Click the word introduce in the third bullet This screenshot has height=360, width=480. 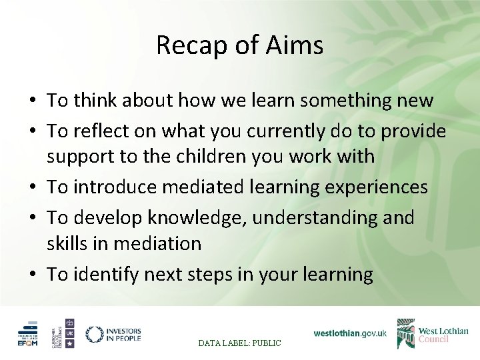109,187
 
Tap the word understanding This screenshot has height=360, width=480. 308,217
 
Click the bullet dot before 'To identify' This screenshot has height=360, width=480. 31,275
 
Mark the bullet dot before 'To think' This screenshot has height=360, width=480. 31,102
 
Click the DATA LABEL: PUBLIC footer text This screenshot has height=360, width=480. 240,343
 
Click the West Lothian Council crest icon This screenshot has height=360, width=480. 405,333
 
